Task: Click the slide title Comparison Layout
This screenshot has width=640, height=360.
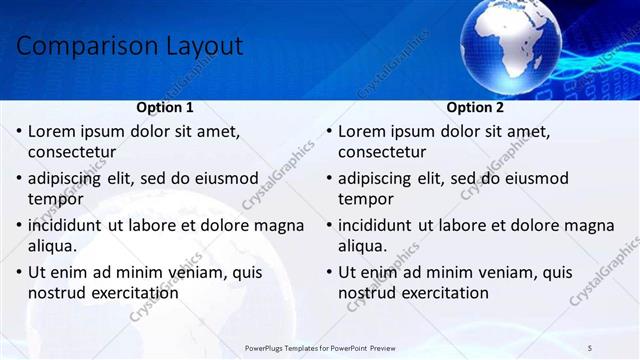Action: (130, 46)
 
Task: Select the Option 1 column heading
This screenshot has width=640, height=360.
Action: (165, 107)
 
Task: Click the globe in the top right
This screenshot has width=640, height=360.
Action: (513, 39)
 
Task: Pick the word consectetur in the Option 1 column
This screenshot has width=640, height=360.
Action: (72, 153)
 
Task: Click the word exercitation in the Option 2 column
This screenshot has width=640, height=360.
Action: (441, 293)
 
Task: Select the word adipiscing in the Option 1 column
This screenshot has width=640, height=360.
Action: (68, 178)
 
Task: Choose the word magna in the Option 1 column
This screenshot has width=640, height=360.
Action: (279, 225)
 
